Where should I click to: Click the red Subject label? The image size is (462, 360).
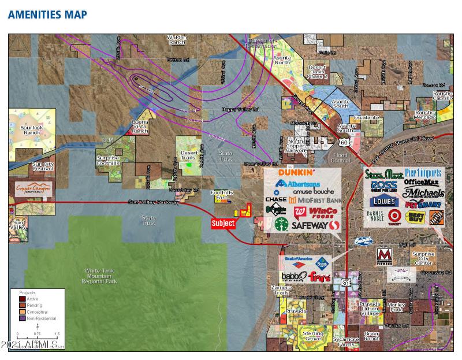(223, 223)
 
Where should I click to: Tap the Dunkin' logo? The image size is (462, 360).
(296, 172)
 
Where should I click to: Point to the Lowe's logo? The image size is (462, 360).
(384, 202)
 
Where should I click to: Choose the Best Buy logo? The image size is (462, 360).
(415, 217)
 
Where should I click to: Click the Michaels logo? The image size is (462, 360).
(424, 192)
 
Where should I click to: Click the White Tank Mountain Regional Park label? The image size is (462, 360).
(100, 276)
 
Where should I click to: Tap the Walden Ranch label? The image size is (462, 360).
(177, 40)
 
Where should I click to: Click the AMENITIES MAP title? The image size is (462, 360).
(47, 14)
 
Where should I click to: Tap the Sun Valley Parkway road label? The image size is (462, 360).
(154, 202)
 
